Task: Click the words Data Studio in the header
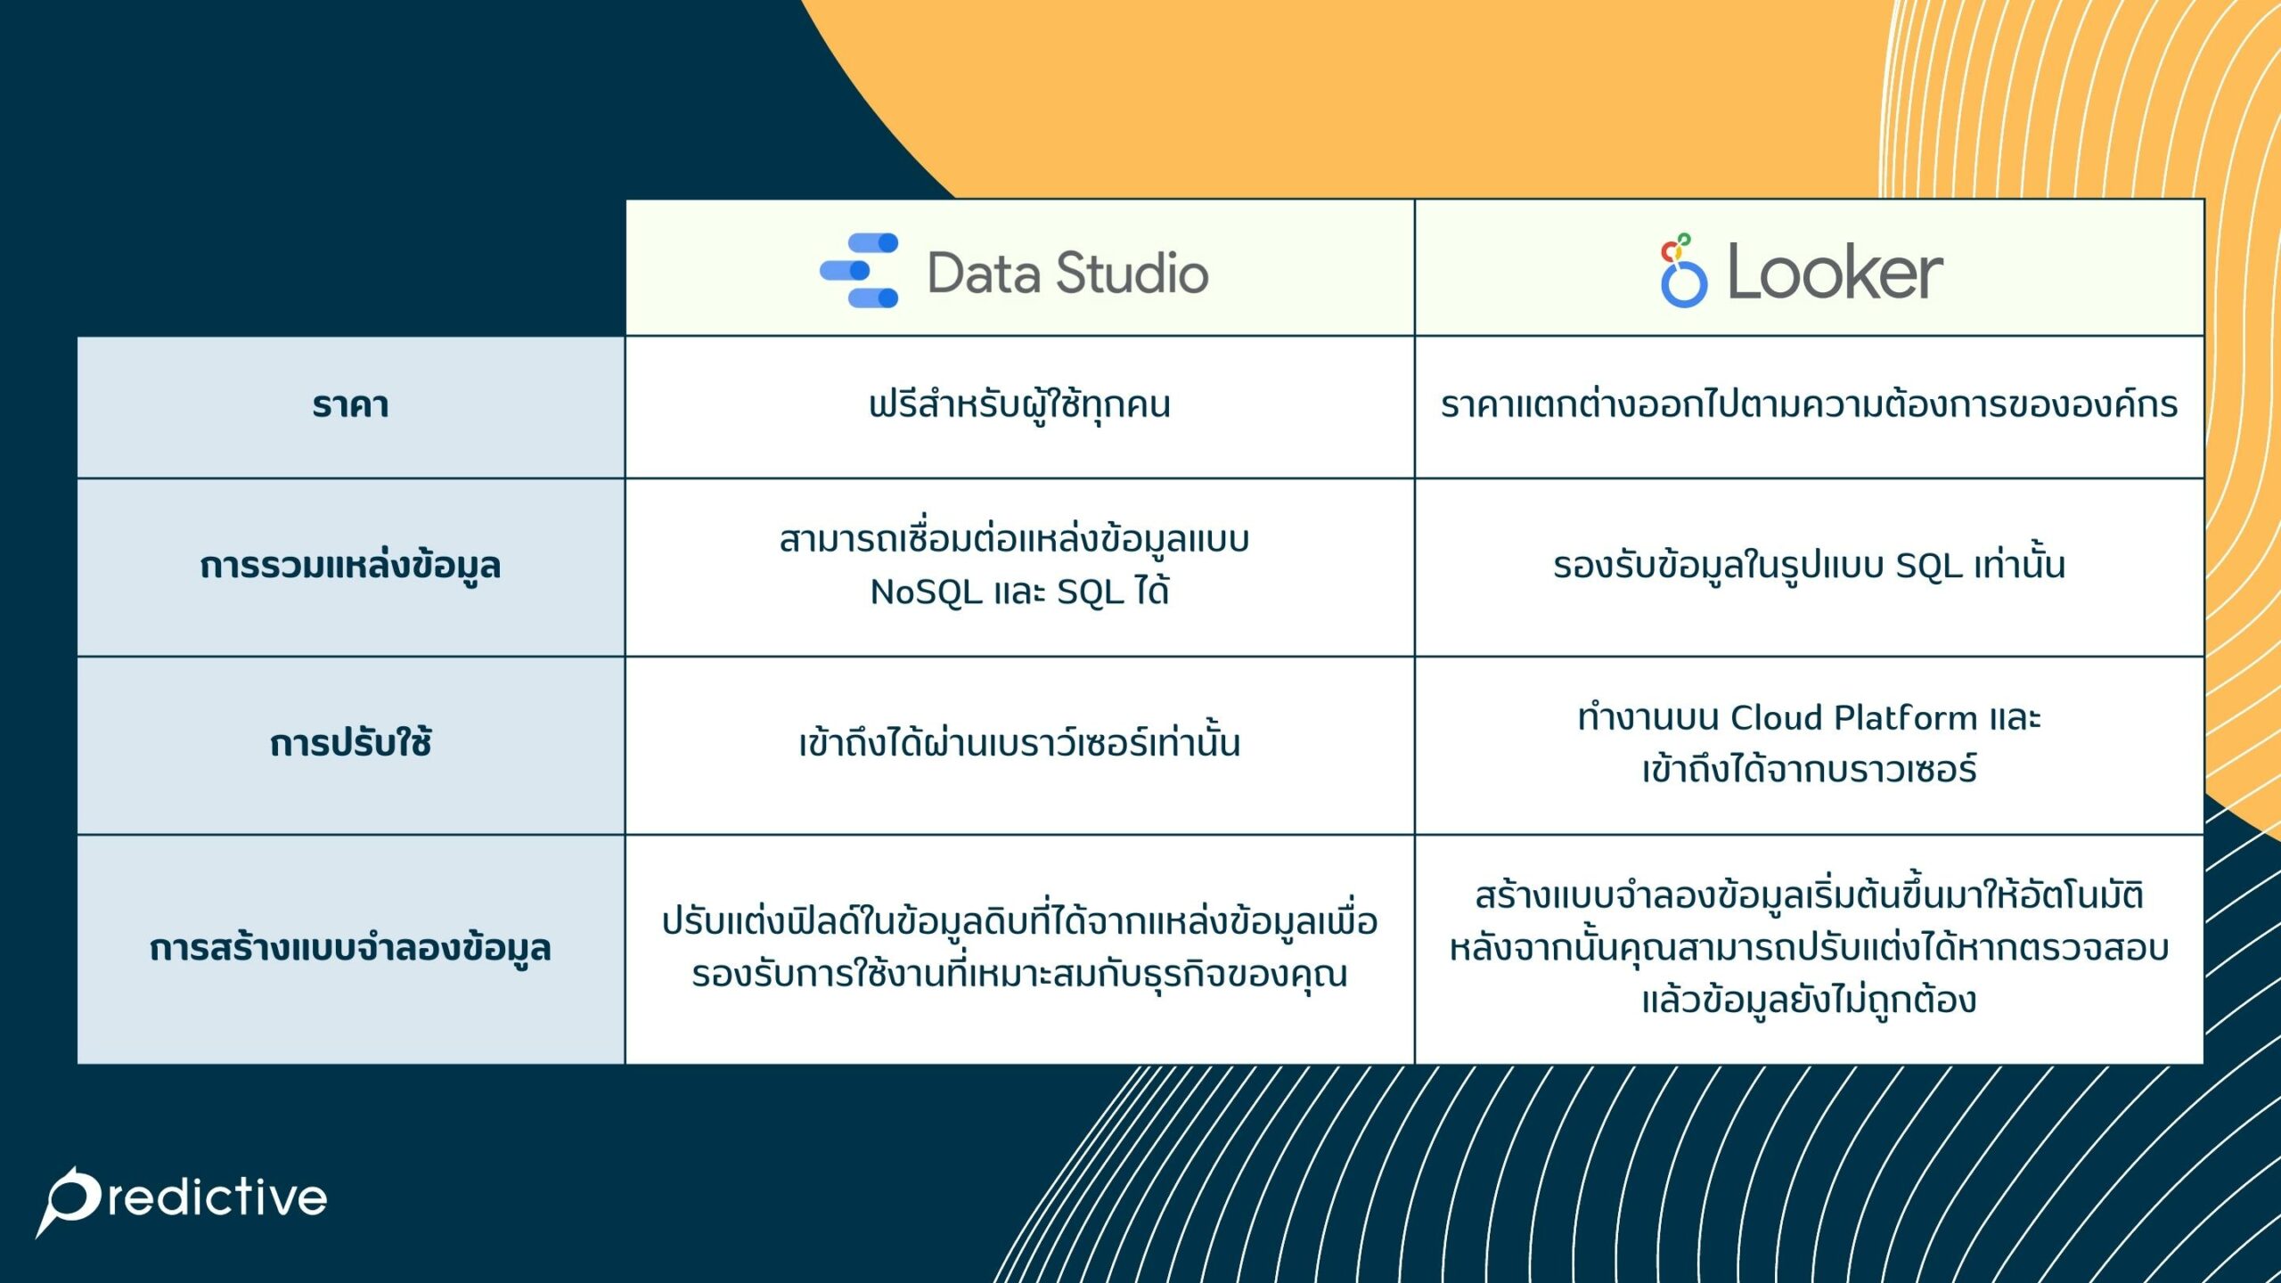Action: [1067, 273]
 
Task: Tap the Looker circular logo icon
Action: [1683, 272]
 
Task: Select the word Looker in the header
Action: [1835, 273]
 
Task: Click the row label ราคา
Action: [350, 405]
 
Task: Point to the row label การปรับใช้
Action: [350, 743]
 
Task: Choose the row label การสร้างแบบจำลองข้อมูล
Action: [350, 948]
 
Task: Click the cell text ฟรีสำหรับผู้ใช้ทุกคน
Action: [1019, 405]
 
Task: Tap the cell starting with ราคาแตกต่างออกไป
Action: [1809, 405]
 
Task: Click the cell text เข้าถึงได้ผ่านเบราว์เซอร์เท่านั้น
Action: [1019, 743]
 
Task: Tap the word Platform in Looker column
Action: [1906, 718]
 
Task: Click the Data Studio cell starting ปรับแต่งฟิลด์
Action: [1019, 948]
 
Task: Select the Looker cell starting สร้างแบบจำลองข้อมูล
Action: [1809, 948]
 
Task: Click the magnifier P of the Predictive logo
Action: [69, 1199]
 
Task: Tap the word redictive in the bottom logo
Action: [218, 1198]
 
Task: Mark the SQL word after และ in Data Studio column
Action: [1091, 592]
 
